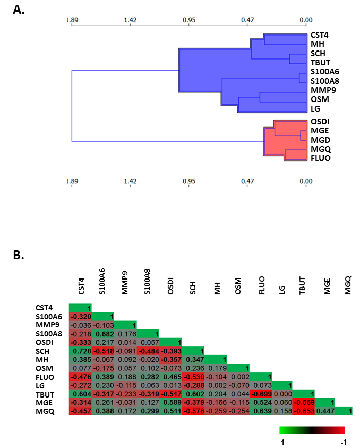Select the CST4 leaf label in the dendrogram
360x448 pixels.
[x=320, y=35]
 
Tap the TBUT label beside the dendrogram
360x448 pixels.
[x=320, y=63]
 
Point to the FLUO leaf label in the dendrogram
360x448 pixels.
[x=321, y=158]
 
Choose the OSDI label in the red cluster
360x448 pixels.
[x=320, y=122]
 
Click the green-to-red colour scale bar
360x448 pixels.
[x=312, y=429]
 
